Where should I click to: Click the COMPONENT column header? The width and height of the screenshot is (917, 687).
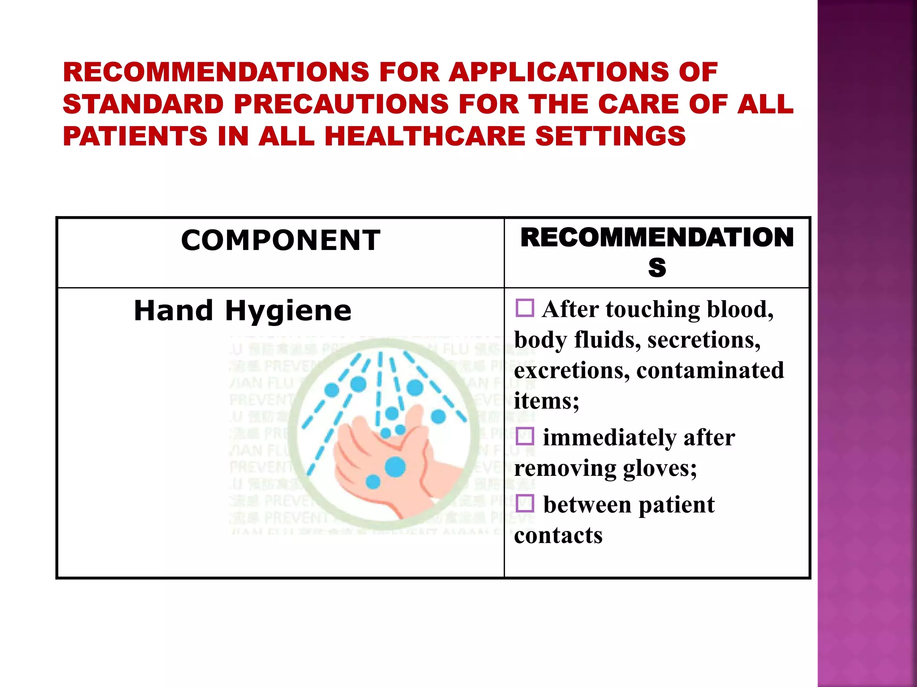coord(281,240)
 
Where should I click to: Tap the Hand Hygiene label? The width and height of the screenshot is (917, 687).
coord(243,310)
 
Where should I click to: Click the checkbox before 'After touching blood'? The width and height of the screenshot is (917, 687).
coord(525,308)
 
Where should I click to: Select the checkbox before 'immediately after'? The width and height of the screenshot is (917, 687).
coord(525,436)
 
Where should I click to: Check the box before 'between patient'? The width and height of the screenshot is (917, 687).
coord(525,504)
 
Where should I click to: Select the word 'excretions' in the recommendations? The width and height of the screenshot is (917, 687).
coord(572,370)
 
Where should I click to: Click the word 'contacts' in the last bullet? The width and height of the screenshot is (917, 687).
coord(558,535)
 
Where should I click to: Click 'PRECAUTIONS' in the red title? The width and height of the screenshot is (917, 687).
coord(341,104)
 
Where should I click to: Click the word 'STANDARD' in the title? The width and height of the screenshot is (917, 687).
coord(143,104)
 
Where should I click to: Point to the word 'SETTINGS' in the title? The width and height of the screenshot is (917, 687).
coord(611,136)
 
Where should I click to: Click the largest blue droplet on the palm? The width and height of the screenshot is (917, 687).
coord(395,467)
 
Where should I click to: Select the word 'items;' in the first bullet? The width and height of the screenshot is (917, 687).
coord(546,401)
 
